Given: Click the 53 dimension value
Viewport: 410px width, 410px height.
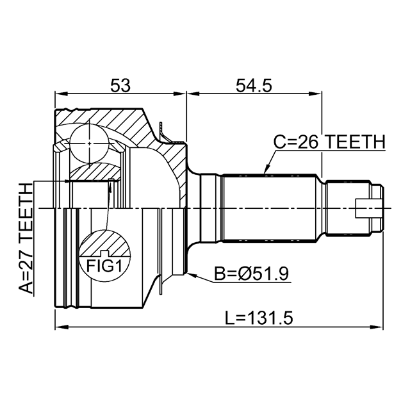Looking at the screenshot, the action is pyautogui.click(x=120, y=85).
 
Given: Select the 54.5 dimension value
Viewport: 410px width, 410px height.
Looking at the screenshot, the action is pyautogui.click(x=254, y=85).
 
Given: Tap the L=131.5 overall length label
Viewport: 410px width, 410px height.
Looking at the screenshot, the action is pyautogui.click(x=259, y=318).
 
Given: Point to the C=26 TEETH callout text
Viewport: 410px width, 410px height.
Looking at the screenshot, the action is pyautogui.click(x=329, y=142).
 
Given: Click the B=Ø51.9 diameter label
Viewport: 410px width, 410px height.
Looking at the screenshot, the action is pyautogui.click(x=252, y=274).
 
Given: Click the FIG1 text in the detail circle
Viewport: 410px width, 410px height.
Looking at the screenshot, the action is pyautogui.click(x=104, y=266).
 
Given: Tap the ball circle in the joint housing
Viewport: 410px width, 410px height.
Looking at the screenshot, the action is pyautogui.click(x=90, y=143).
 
